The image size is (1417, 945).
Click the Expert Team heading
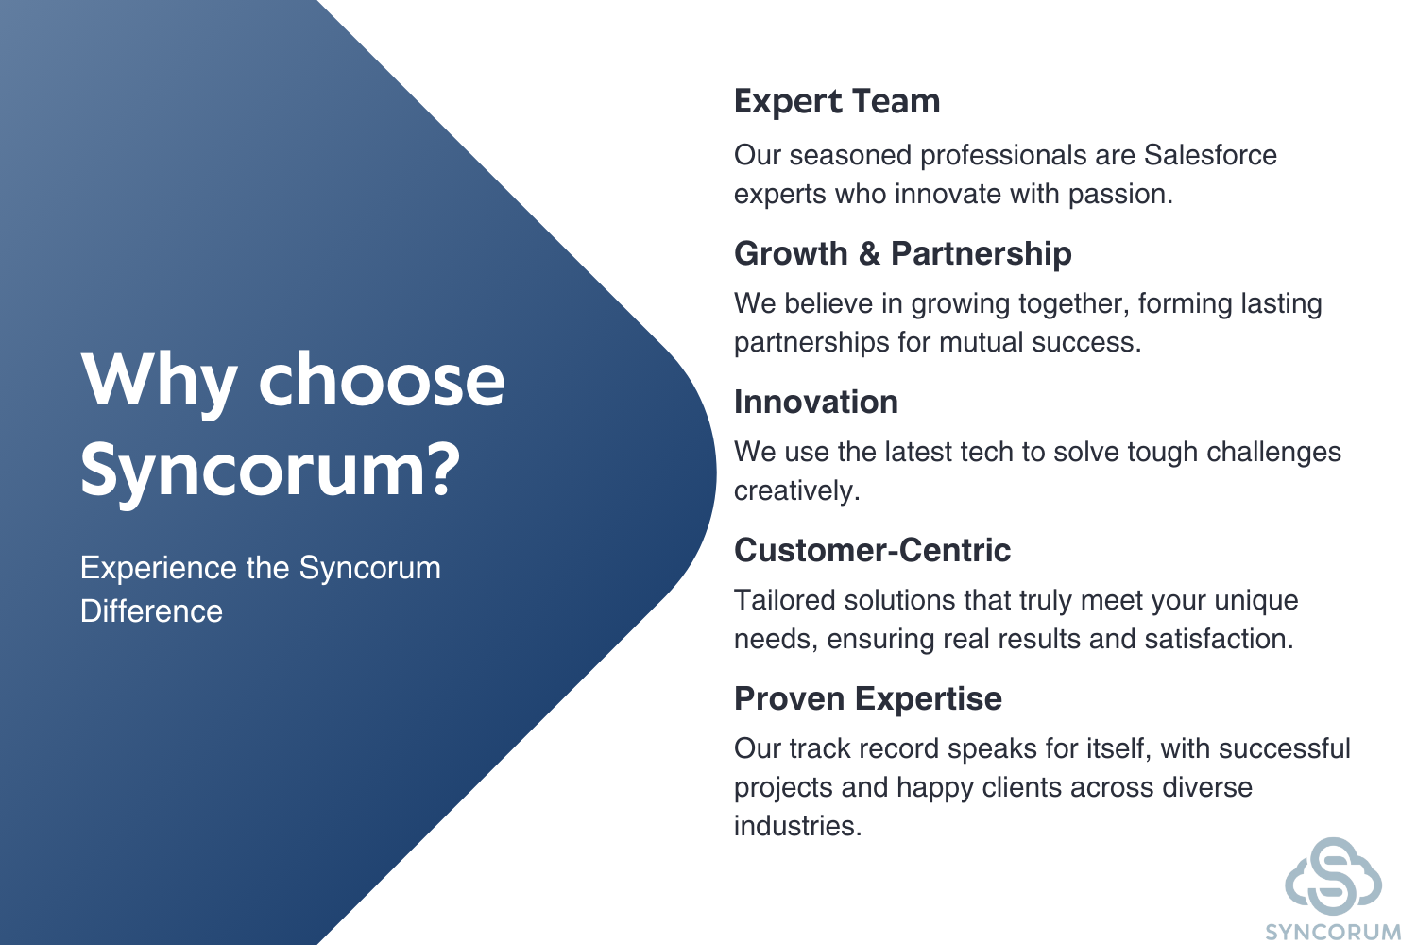(x=837, y=101)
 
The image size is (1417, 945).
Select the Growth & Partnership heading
(x=903, y=254)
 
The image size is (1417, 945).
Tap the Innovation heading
(x=816, y=402)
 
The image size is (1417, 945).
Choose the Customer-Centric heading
(x=872, y=550)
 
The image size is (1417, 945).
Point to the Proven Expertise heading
(x=868, y=699)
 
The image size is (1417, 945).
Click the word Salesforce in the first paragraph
(x=1210, y=155)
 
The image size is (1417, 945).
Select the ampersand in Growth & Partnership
(x=870, y=254)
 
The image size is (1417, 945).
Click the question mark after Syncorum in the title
(x=439, y=469)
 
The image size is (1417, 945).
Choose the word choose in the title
(x=382, y=379)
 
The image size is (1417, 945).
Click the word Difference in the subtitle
(x=151, y=611)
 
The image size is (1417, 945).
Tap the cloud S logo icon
(x=1333, y=875)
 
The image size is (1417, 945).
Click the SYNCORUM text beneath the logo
(x=1333, y=933)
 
